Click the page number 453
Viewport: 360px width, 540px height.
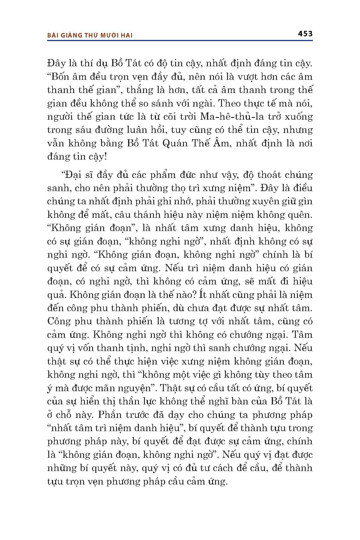(305, 34)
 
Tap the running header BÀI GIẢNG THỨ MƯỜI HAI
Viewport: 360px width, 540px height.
(90, 35)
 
